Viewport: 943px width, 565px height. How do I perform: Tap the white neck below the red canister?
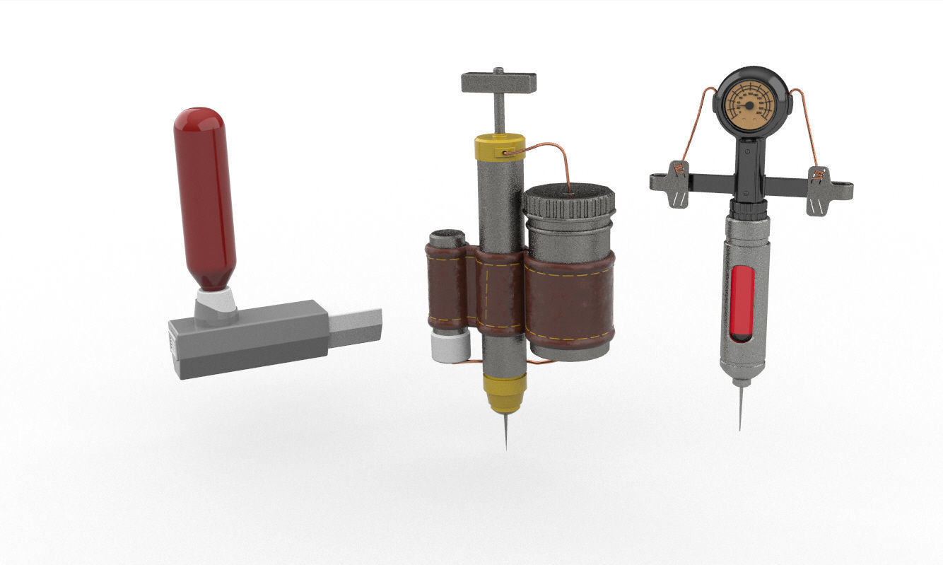pyautogui.click(x=216, y=302)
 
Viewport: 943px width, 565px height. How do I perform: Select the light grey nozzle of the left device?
pyautogui.click(x=356, y=327)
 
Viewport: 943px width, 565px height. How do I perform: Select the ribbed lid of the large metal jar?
pyautogui.click(x=569, y=201)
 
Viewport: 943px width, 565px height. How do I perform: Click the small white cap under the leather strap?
pyautogui.click(x=450, y=346)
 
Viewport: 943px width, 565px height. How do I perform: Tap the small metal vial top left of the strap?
pyautogui.click(x=447, y=238)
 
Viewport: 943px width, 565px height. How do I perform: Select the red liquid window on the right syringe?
pyautogui.click(x=742, y=302)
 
